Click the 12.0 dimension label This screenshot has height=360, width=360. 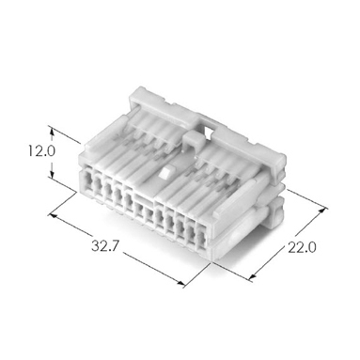(41, 151)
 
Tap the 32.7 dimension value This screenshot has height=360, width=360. (105, 245)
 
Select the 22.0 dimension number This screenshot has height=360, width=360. (302, 248)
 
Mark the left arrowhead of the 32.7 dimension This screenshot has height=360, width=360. (53, 216)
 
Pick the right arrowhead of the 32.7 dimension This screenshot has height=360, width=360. (180, 282)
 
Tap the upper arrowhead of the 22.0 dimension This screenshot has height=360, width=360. (322, 211)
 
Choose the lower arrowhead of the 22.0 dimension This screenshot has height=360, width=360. (254, 275)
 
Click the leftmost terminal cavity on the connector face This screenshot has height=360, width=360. (87, 181)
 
